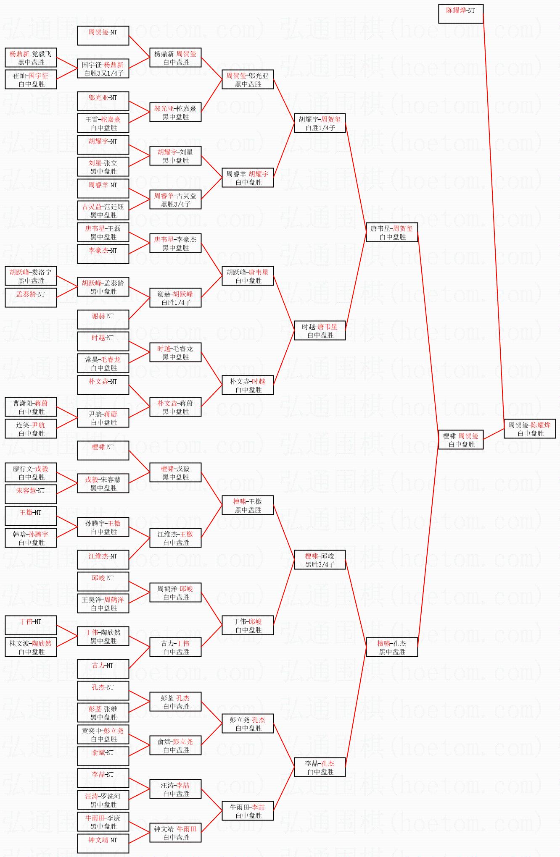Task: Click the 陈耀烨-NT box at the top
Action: coord(461,14)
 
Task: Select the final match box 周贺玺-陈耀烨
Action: coord(530,429)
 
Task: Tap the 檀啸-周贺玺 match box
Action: coord(461,440)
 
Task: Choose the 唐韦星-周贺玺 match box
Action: coord(392,232)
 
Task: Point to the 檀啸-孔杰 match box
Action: coord(392,647)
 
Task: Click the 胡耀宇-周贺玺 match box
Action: coord(320,123)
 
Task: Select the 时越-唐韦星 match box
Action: coord(320,330)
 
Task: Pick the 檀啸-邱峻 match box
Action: coord(320,560)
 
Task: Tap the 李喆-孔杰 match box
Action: coord(320,767)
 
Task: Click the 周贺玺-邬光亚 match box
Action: coord(248,79)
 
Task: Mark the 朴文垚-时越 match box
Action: coord(248,385)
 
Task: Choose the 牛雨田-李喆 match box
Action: coord(248,811)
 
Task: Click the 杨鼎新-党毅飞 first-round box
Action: coord(31,58)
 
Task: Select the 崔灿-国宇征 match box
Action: coord(31,79)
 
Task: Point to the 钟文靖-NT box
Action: coord(103,844)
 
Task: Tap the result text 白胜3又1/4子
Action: coord(103,73)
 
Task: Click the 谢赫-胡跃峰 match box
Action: coord(175,298)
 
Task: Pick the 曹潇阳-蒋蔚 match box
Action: coord(31,407)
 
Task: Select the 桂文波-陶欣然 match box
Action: coord(31,647)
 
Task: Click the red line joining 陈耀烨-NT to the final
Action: coord(494,218)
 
